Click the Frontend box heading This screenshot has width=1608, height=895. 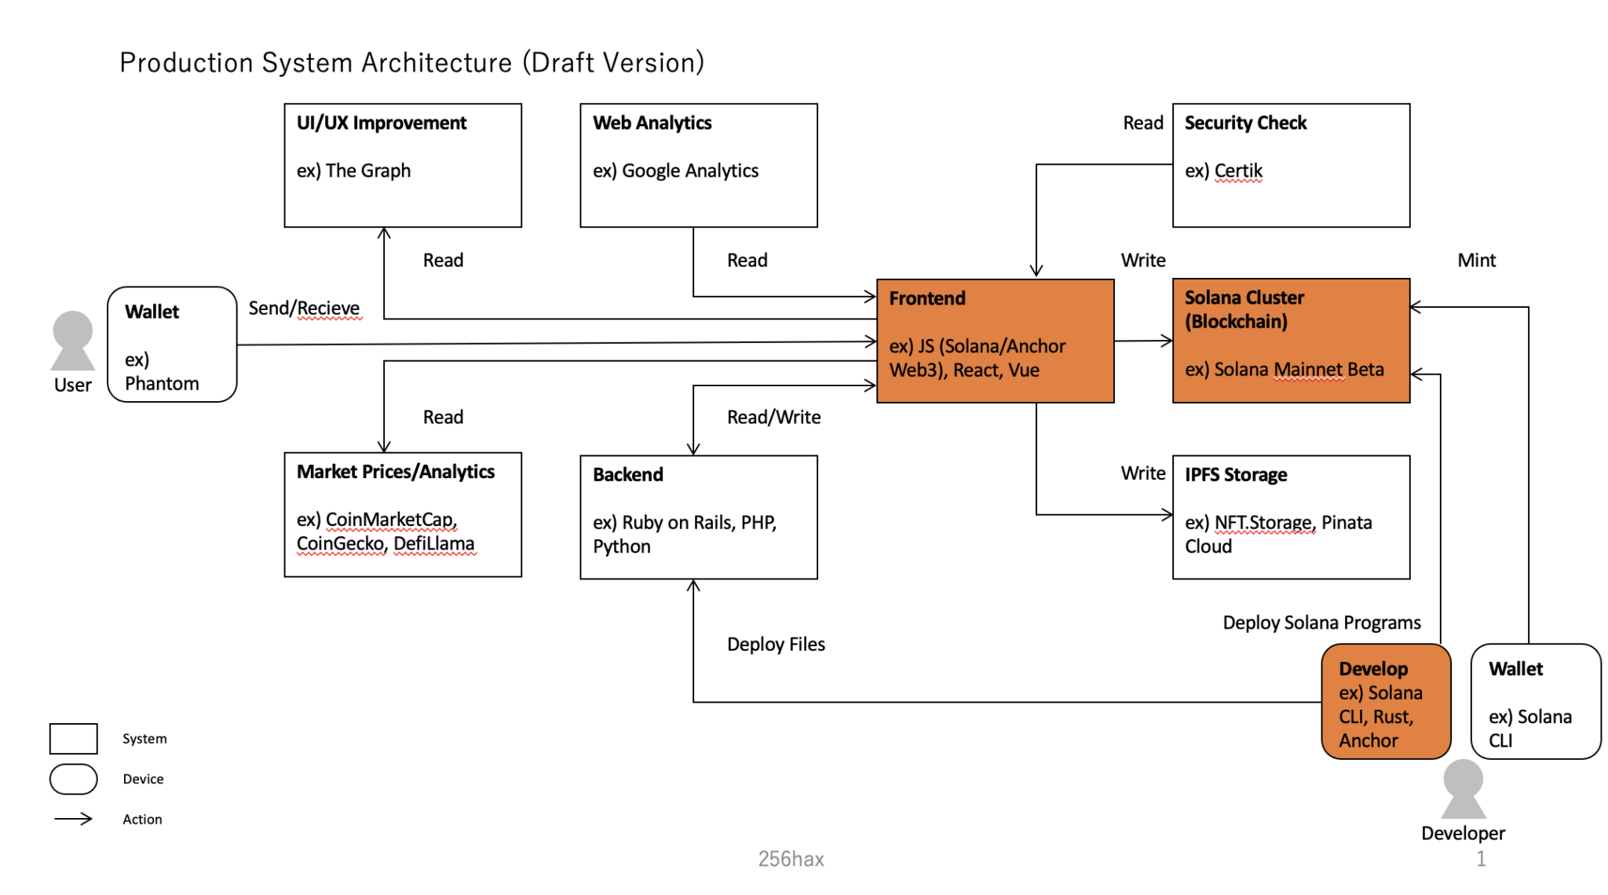(x=926, y=298)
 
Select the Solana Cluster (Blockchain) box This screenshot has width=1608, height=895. (x=1290, y=341)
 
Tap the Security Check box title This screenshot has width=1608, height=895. (x=1244, y=123)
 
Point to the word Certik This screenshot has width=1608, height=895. (x=1238, y=171)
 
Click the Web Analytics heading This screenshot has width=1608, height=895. (x=652, y=123)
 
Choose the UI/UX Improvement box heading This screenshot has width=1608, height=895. (x=381, y=123)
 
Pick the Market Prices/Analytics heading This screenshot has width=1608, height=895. (x=395, y=472)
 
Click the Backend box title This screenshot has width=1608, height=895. (x=627, y=475)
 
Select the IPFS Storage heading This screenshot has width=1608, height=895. (x=1235, y=475)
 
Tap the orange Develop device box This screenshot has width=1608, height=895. (x=1385, y=702)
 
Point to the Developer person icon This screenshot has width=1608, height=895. (x=1463, y=789)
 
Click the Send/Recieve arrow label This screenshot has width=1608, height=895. (x=304, y=309)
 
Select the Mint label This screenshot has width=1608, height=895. (x=1476, y=261)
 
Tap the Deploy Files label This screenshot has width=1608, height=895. (x=775, y=645)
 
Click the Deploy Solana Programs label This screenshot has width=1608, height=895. (x=1321, y=623)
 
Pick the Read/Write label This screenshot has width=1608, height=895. (x=773, y=418)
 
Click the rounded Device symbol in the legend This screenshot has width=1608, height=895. (x=73, y=779)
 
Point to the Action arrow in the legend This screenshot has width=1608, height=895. (x=73, y=819)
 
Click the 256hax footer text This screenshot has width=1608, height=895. (x=791, y=859)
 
